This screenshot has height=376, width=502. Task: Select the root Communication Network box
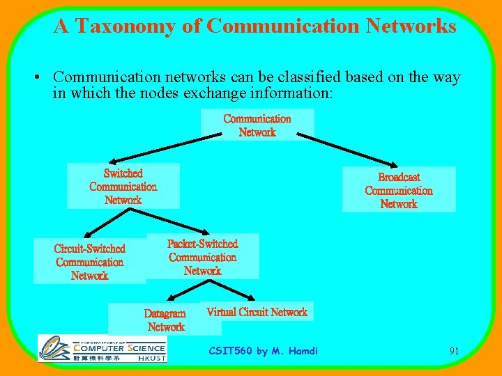point(257,125)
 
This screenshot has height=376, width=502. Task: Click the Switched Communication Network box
point(123,186)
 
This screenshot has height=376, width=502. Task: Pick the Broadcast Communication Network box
point(399,189)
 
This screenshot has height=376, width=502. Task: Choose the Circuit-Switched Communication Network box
point(90,262)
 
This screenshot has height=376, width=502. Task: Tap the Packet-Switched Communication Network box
point(202,257)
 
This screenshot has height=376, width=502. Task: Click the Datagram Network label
point(165,320)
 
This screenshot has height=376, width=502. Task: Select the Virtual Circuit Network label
point(257,312)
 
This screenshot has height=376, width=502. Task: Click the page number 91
point(454,351)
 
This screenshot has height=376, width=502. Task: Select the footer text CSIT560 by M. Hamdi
point(264,351)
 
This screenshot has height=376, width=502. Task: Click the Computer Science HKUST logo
point(102,348)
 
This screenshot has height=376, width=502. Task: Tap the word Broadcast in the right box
point(399,177)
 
